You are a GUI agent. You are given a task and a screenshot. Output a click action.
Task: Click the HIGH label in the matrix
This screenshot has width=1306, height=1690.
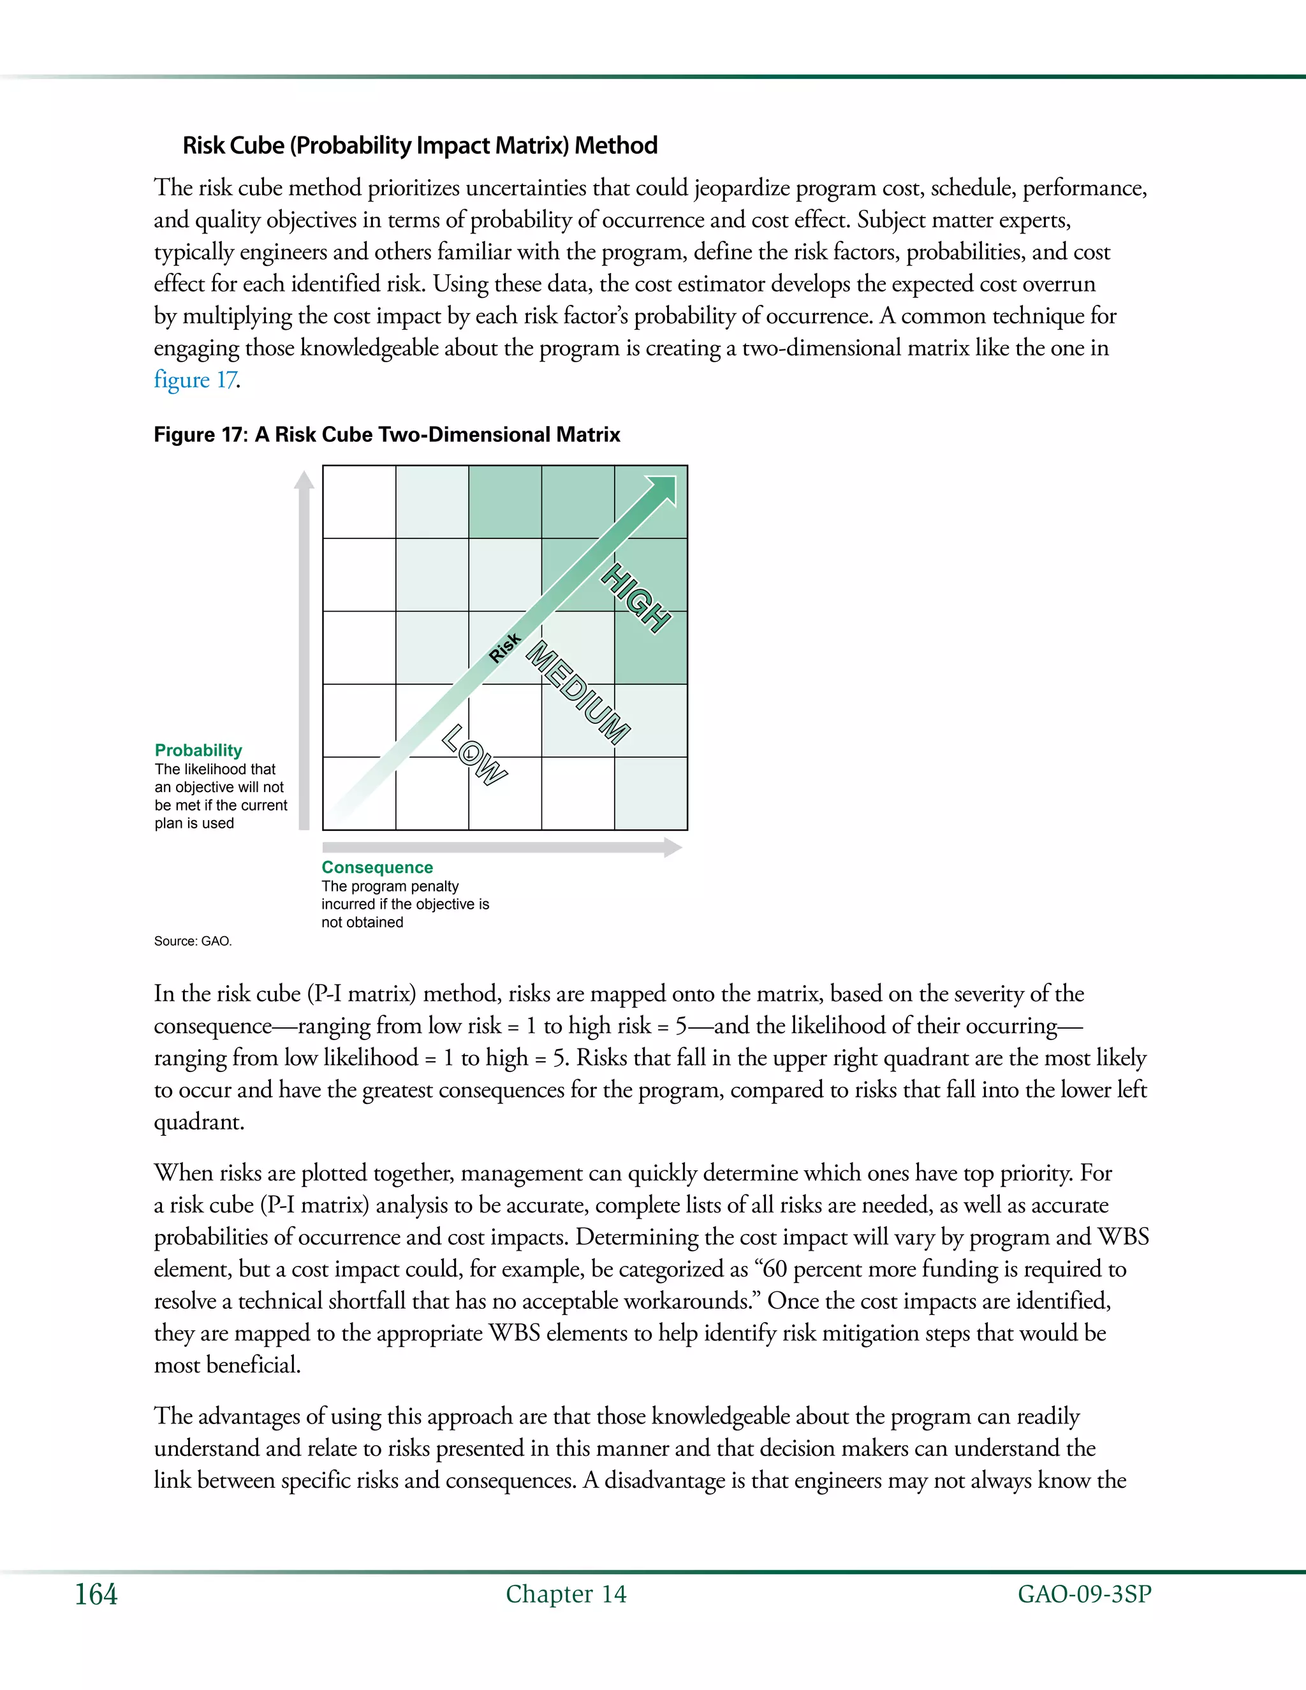637,598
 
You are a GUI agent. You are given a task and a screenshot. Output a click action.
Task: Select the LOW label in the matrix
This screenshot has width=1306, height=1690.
474,754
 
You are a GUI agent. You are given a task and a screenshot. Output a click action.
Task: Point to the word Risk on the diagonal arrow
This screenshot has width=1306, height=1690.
505,648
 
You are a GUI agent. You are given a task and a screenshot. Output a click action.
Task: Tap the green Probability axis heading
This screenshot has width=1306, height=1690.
198,750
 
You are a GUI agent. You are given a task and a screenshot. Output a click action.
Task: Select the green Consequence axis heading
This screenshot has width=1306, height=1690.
377,867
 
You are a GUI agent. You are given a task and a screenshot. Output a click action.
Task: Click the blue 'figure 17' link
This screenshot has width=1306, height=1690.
195,380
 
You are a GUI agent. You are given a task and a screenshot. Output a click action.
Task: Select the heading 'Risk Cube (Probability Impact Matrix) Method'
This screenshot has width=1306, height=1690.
420,145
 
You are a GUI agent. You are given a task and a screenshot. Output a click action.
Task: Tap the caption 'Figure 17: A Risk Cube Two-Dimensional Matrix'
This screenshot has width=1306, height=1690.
387,434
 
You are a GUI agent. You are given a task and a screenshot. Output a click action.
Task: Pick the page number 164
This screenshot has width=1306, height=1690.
96,1594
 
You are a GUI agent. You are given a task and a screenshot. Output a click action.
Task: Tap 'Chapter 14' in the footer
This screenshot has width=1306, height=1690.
566,1594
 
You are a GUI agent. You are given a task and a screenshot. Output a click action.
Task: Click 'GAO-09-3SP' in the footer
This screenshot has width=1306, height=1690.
1084,1594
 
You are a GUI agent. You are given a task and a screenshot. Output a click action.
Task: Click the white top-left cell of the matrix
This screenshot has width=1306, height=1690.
359,501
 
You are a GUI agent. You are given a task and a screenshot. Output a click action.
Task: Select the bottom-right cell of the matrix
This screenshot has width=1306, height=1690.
650,793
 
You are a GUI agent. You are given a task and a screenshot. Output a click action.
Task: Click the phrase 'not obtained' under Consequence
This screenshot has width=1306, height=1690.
362,922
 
